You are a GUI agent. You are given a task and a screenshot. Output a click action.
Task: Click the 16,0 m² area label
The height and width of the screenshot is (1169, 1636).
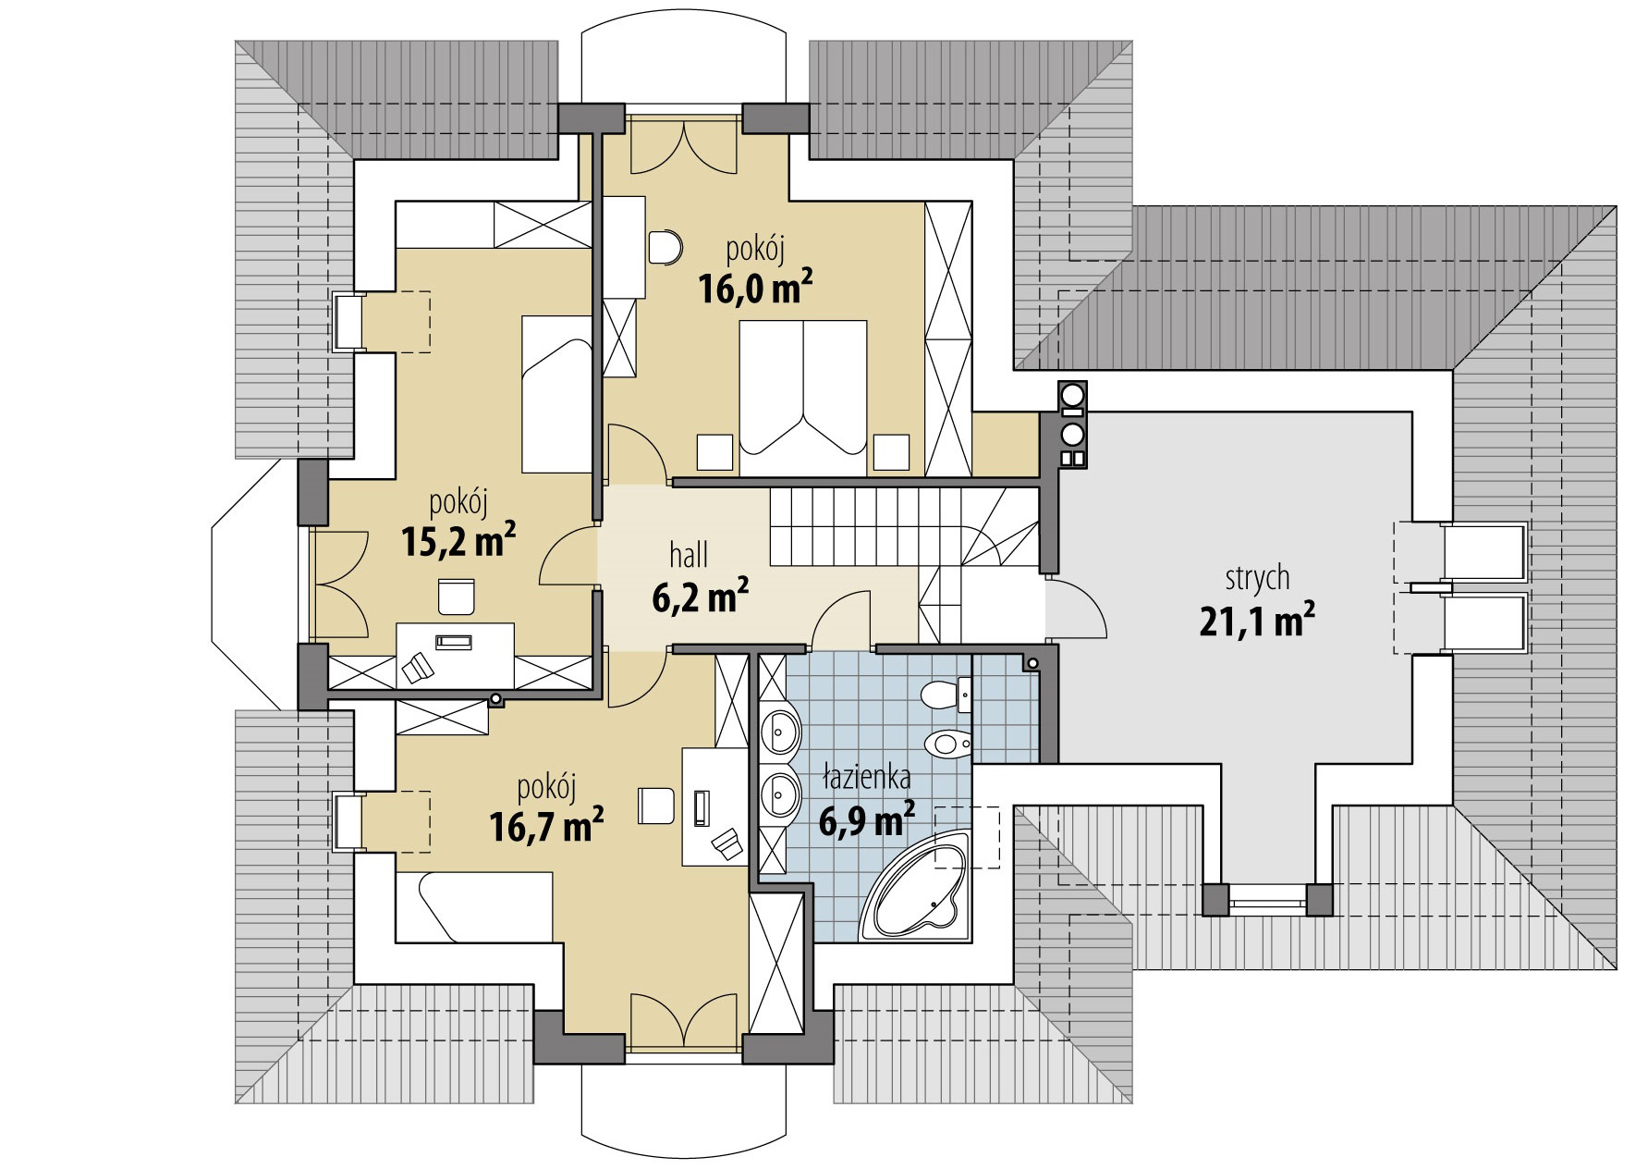755,289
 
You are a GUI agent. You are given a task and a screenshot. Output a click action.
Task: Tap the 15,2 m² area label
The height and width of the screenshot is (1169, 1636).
458,541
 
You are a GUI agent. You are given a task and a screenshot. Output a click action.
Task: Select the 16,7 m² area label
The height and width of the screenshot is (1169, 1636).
547,825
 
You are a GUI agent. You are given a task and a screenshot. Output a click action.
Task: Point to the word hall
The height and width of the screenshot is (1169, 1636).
689,555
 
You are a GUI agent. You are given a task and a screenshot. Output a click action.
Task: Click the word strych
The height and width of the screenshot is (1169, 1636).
1257,579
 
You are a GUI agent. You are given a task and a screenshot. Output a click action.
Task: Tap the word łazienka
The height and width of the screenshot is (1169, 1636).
867,779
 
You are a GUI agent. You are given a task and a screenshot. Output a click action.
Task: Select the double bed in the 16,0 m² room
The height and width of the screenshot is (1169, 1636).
803,398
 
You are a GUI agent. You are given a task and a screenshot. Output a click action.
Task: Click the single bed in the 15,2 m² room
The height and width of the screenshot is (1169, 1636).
556,394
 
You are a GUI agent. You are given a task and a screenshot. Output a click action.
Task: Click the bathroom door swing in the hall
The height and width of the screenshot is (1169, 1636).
839,618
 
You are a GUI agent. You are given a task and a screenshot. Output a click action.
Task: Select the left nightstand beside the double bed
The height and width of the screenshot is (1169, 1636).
714,452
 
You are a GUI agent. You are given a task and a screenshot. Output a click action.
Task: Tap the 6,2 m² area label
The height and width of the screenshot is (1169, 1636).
700,597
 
